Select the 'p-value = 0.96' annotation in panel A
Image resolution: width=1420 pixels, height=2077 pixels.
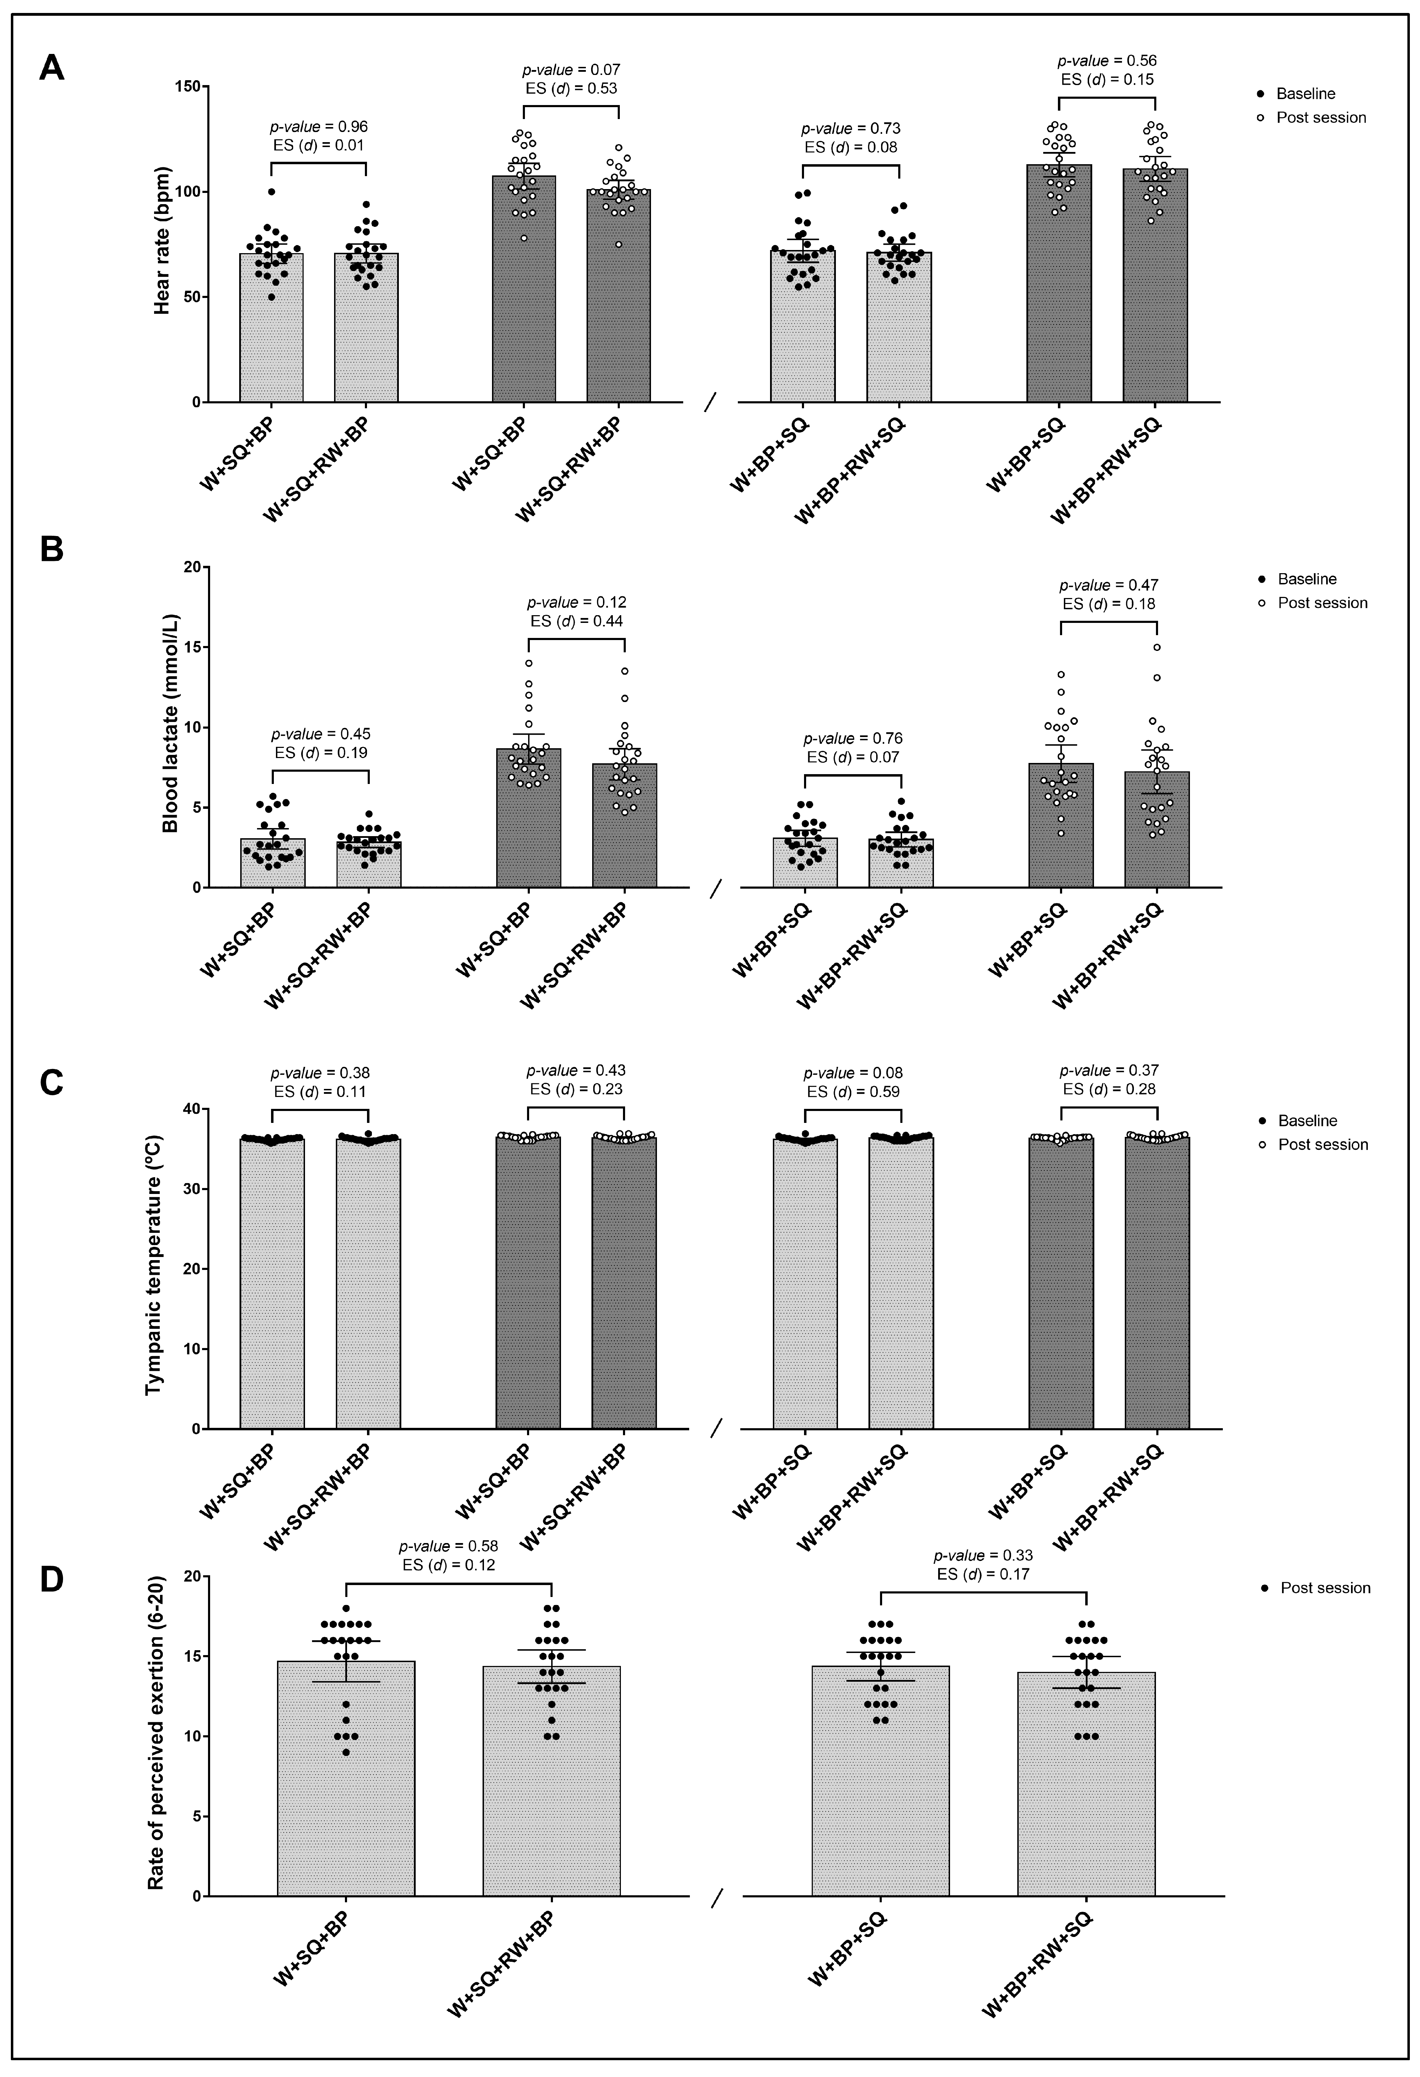tap(319, 127)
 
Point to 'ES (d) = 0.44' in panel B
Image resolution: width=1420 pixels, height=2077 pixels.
tap(576, 621)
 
